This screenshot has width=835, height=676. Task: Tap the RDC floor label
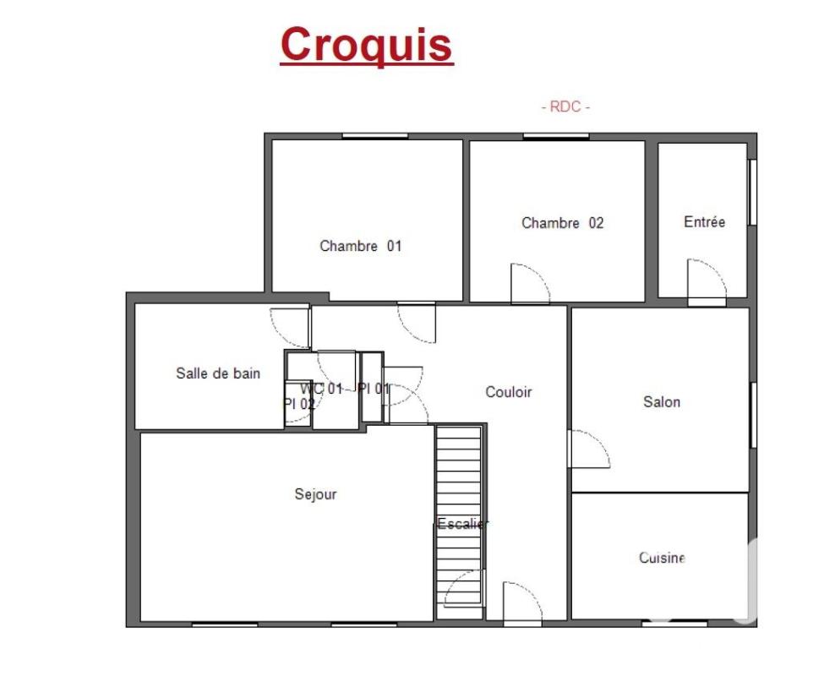tap(565, 107)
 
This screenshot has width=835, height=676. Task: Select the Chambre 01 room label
tap(361, 246)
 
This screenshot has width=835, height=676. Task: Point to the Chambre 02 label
tap(562, 222)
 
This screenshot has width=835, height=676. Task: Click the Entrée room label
tap(704, 221)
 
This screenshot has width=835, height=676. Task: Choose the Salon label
tap(662, 401)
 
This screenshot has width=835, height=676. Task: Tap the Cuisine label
tap(662, 558)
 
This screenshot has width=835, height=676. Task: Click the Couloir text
tap(509, 392)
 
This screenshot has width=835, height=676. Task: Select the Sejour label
tap(316, 494)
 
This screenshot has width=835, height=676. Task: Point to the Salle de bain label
tap(218, 373)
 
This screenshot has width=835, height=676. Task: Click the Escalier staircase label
tap(462, 524)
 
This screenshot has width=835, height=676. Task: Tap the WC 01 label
tap(321, 389)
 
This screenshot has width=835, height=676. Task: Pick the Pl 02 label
tap(298, 404)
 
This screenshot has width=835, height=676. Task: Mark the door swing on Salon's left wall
tap(602, 441)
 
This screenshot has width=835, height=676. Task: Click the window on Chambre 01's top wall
tap(375, 136)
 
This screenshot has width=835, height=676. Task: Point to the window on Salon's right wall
tap(753, 415)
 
